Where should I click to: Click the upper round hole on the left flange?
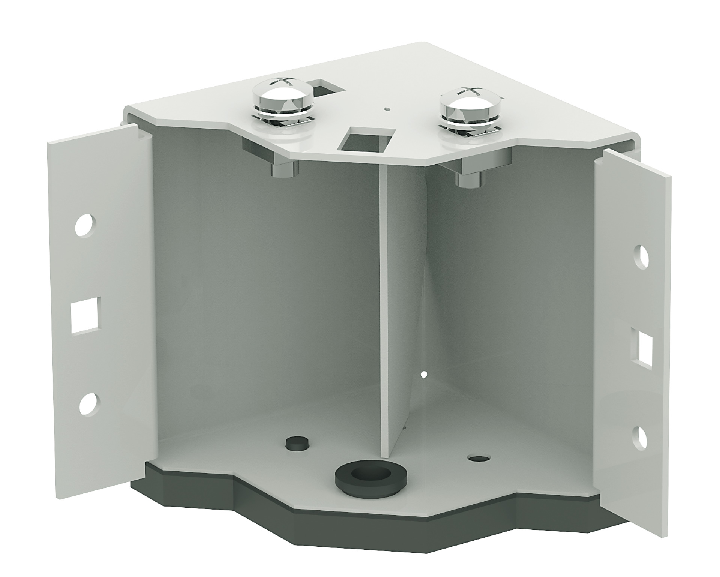pyautogui.click(x=85, y=225)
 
